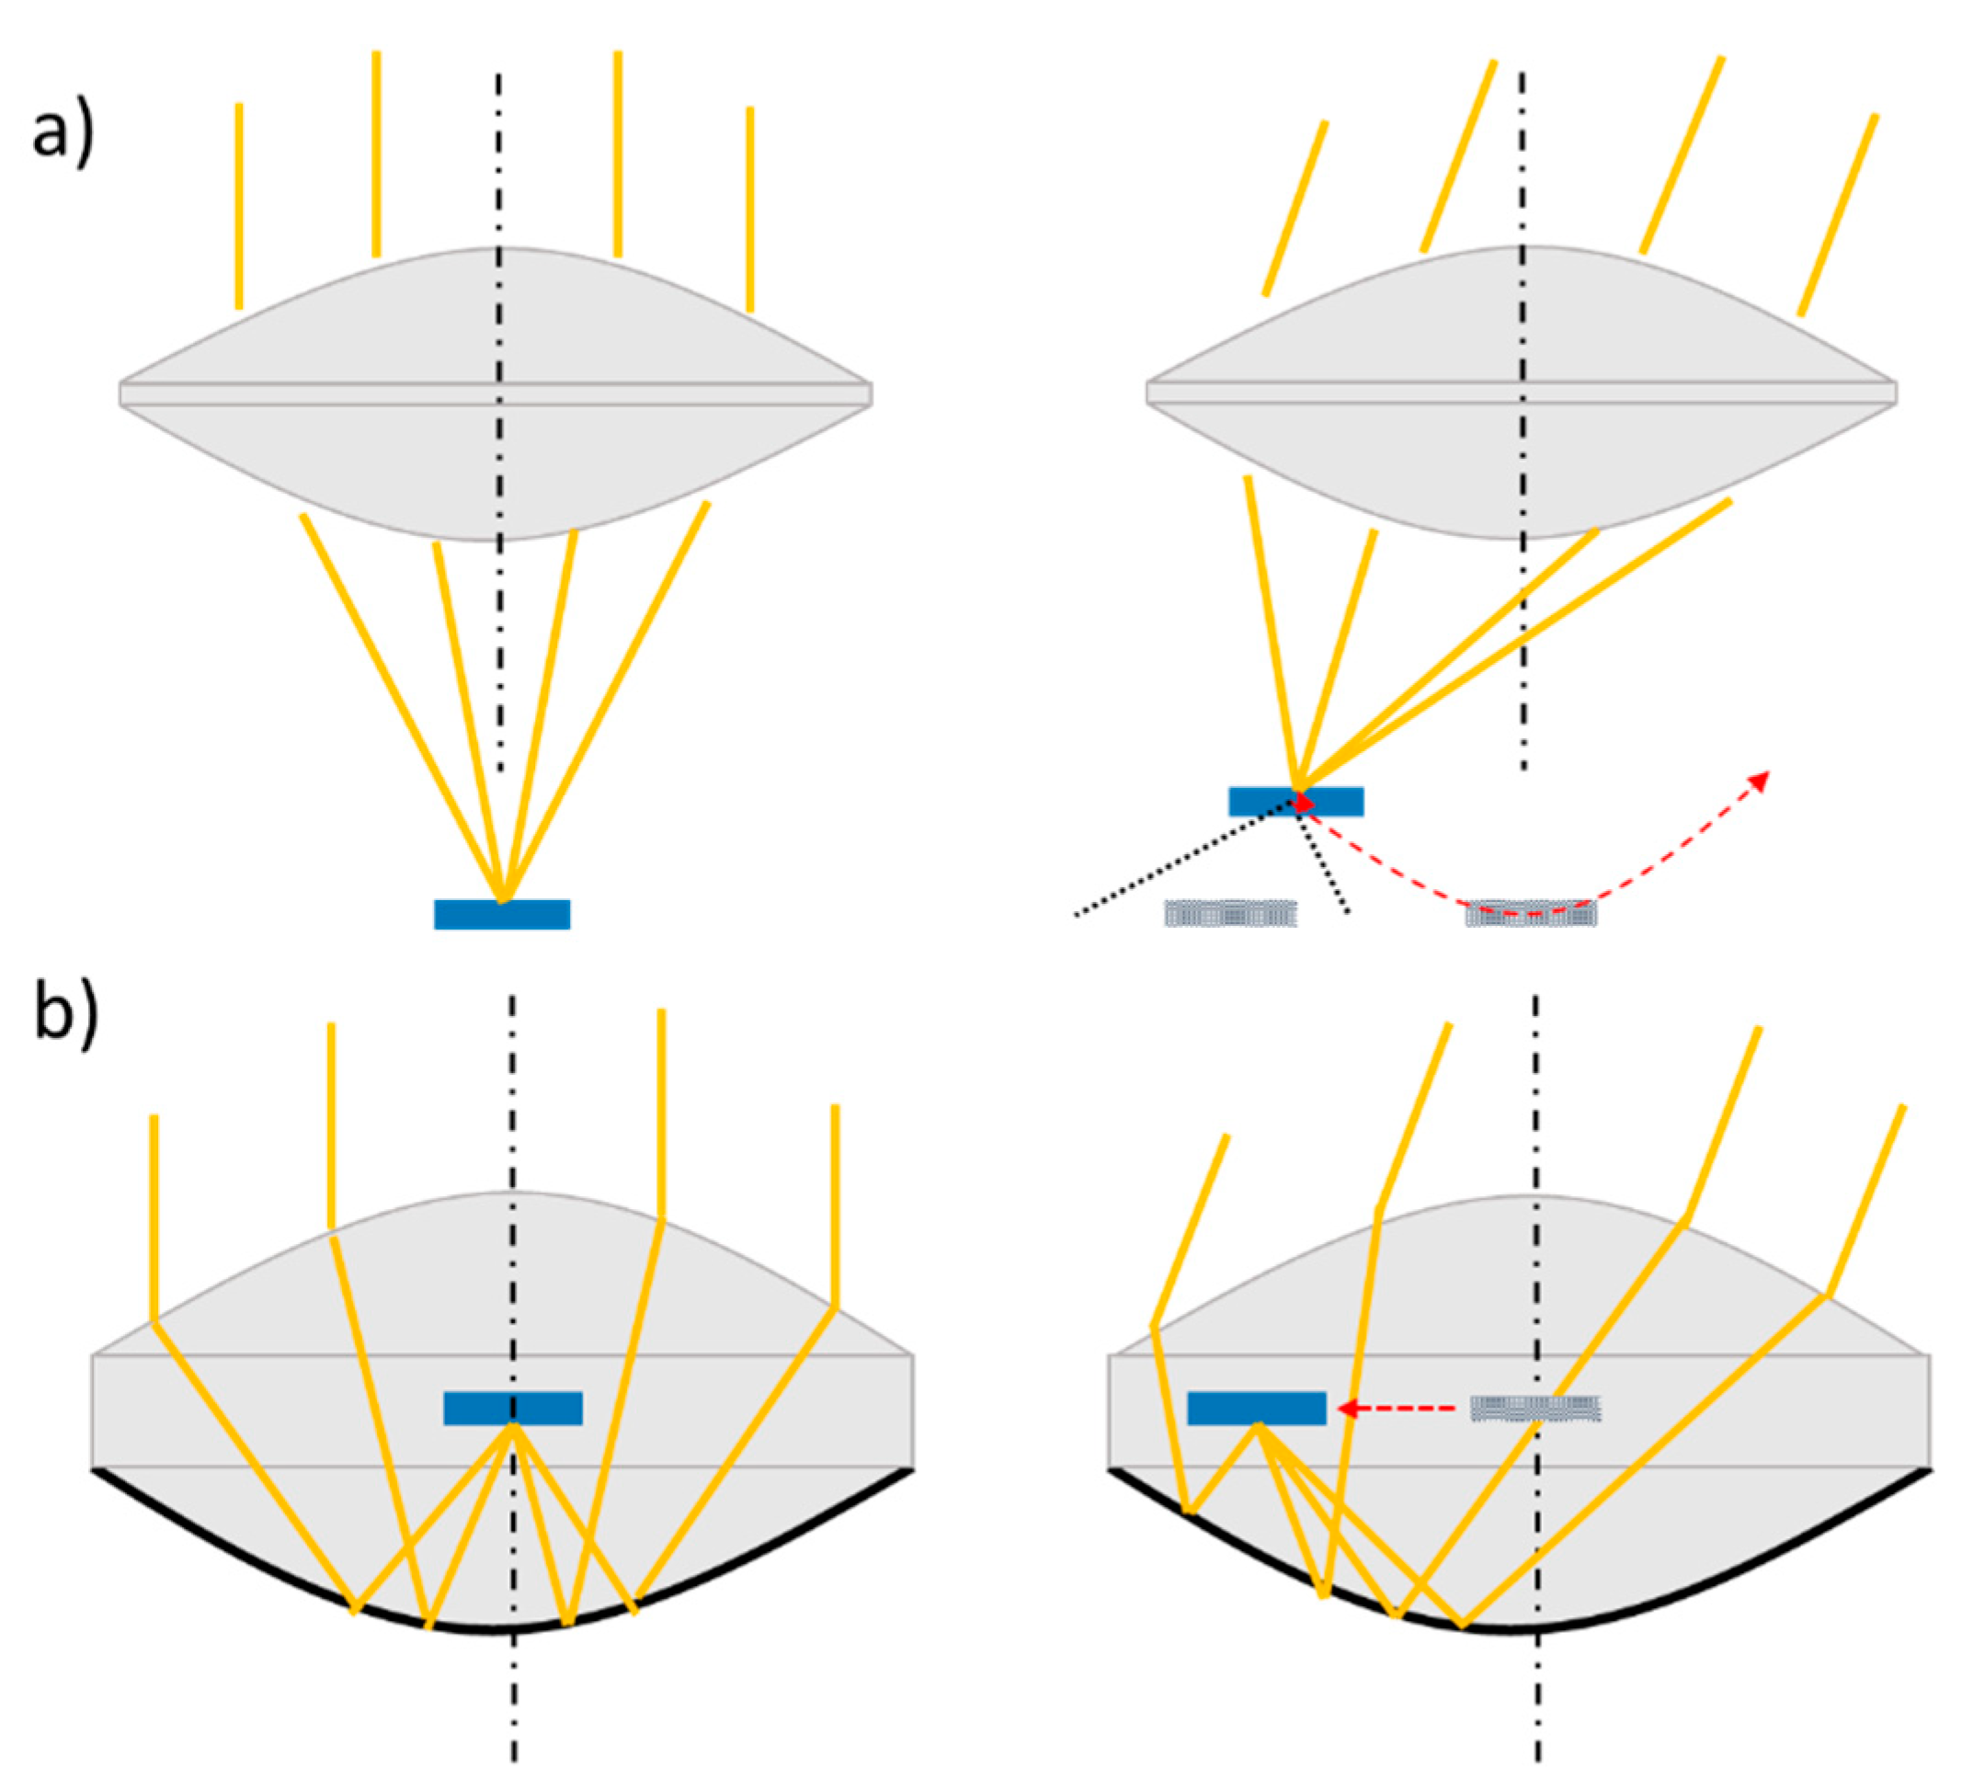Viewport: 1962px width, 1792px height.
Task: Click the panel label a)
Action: coord(63,133)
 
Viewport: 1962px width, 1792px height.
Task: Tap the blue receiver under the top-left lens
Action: coord(501,914)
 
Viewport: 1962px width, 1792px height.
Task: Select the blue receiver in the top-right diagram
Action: coord(1295,801)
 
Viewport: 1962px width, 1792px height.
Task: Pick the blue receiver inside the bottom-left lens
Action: coord(513,1408)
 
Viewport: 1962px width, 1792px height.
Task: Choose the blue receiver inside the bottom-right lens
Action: coord(1256,1408)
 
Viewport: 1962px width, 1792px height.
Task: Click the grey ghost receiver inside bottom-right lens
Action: coord(1534,1408)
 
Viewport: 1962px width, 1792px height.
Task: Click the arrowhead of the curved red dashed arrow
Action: coord(1760,779)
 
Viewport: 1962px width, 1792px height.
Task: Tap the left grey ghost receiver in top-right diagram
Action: coord(1230,913)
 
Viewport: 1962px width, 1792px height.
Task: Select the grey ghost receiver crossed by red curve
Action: coord(1530,913)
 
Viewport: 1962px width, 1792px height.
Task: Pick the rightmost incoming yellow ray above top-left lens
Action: coord(749,210)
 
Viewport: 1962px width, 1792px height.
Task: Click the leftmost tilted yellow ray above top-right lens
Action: coord(1295,209)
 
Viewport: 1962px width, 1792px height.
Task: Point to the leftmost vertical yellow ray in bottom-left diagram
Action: coord(154,1216)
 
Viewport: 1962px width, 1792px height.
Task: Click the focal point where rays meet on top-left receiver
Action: coord(502,901)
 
